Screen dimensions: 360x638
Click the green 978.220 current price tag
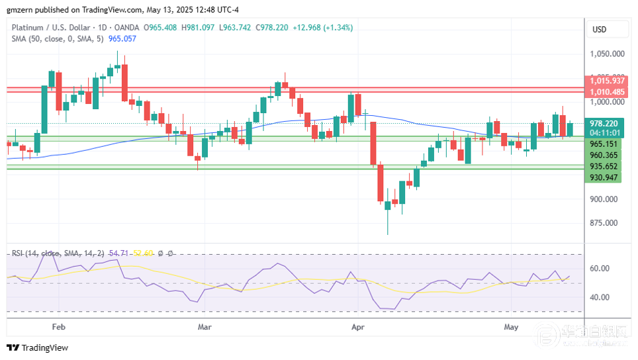point(604,124)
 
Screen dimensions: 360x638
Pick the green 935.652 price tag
point(604,167)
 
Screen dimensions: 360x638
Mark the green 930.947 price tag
point(604,177)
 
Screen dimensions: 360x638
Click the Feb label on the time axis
point(58,327)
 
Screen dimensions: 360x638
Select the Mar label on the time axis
point(205,327)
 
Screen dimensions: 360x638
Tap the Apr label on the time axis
point(358,327)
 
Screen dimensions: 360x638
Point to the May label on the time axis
point(510,327)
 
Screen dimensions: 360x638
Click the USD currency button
point(599,30)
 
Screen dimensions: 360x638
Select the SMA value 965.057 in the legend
point(122,38)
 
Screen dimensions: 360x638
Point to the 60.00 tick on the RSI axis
point(600,269)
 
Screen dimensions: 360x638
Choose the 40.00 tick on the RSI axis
point(600,297)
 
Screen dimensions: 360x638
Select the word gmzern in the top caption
point(19,9)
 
